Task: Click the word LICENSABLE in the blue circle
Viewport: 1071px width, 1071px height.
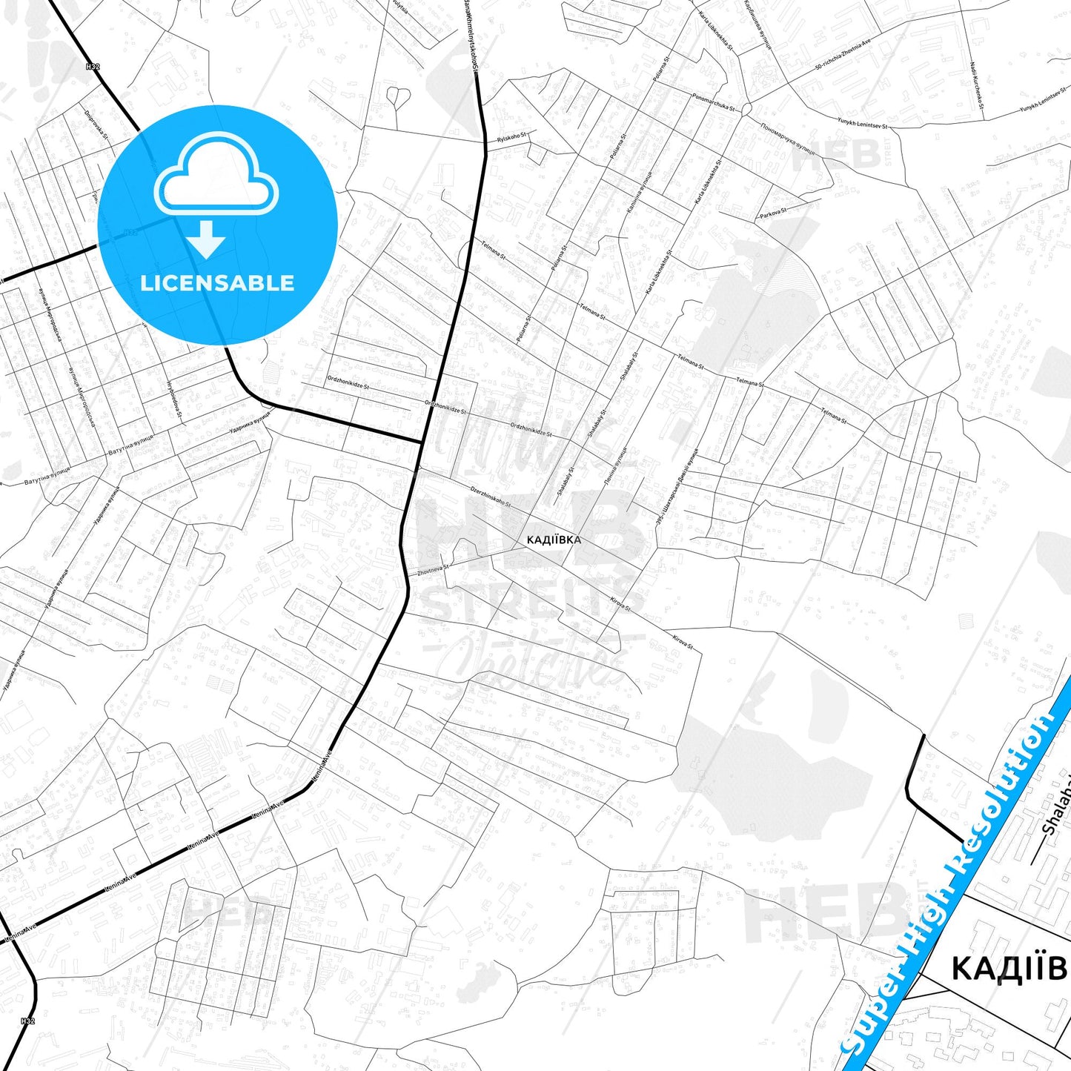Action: click(x=217, y=283)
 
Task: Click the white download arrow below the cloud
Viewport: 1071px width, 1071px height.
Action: click(x=206, y=239)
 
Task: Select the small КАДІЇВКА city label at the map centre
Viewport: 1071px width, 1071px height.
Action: click(x=554, y=540)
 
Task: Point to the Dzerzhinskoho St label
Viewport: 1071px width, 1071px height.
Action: click(x=491, y=497)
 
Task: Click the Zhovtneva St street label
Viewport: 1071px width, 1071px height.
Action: click(x=434, y=570)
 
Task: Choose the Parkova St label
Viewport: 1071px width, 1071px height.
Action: click(x=773, y=213)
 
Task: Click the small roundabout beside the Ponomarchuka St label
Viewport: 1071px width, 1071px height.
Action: click(x=746, y=110)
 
